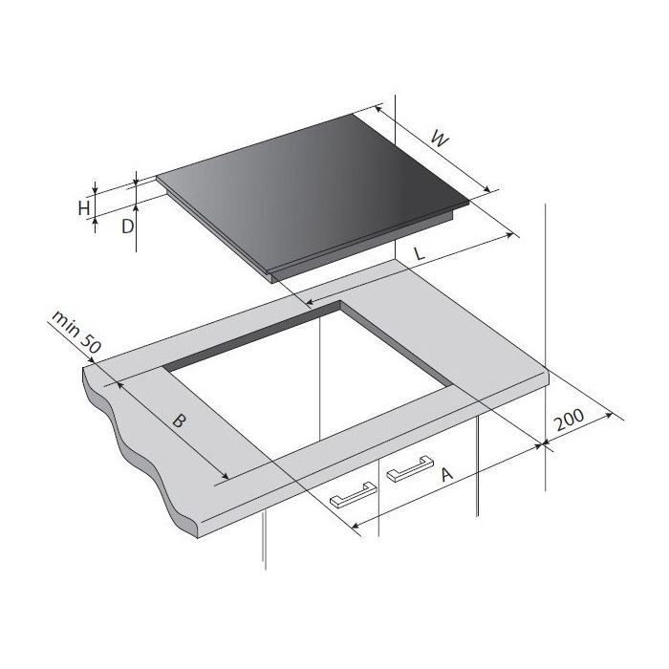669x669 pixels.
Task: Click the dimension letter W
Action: click(441, 140)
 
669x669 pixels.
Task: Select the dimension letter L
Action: click(421, 254)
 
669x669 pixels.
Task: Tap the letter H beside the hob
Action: click(84, 208)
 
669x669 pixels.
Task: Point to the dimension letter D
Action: click(127, 227)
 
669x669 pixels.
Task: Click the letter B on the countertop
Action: click(180, 421)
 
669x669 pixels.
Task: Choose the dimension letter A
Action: click(446, 474)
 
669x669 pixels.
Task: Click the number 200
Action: click(569, 420)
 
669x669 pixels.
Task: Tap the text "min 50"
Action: click(76, 333)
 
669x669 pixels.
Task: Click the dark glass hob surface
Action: click(313, 192)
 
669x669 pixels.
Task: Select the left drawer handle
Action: click(354, 495)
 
